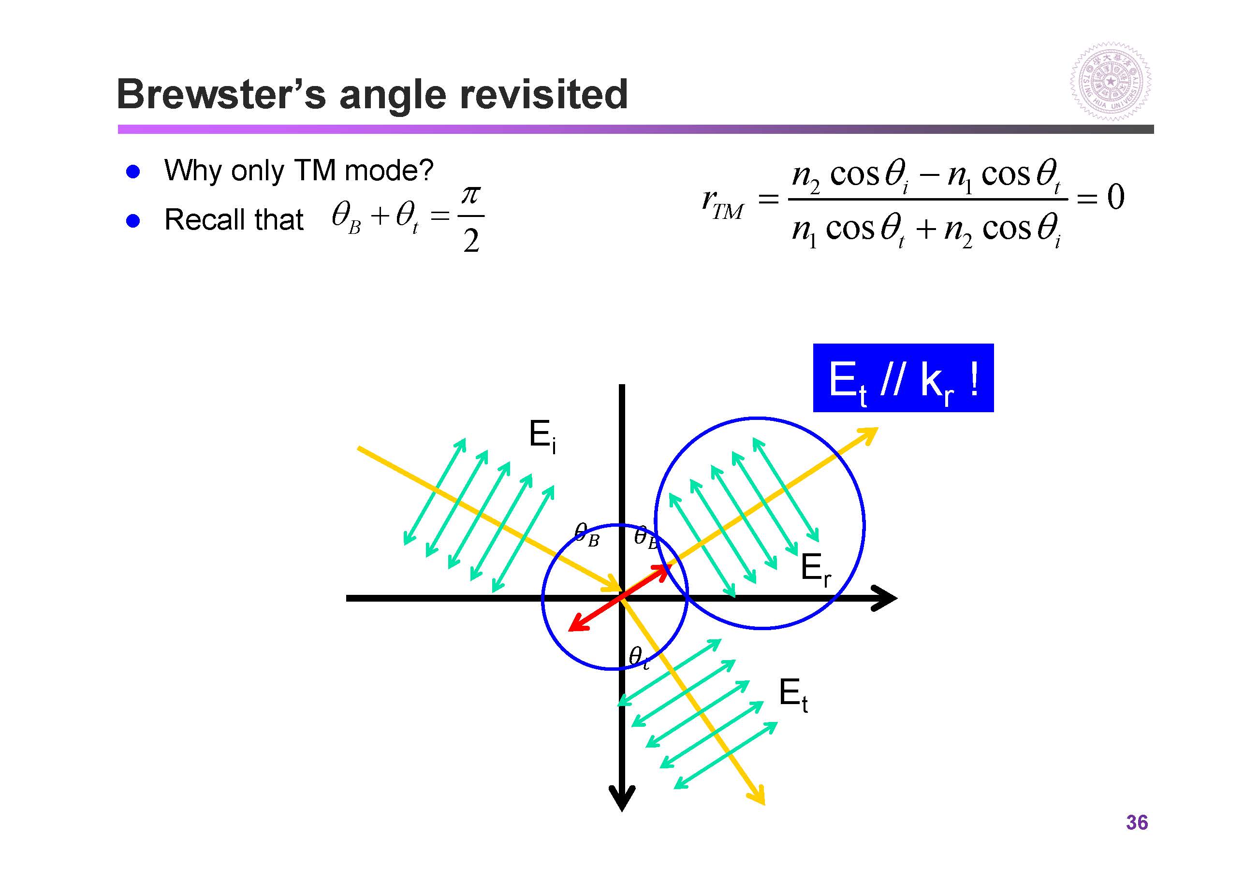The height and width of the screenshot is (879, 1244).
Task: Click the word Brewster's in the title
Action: [221, 94]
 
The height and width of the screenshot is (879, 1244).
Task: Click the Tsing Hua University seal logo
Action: [1110, 82]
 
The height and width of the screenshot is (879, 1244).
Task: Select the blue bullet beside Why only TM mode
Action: [133, 172]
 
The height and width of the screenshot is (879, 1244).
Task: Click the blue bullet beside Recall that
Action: [133, 221]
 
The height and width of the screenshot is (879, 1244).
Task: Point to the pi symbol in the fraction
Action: [470, 195]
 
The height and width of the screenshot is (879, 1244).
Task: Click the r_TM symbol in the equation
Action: [722, 202]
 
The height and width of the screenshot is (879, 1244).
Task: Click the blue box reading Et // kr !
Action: [903, 377]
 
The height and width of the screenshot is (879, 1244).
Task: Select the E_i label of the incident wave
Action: [542, 436]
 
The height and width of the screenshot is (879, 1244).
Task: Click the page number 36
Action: [1137, 822]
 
